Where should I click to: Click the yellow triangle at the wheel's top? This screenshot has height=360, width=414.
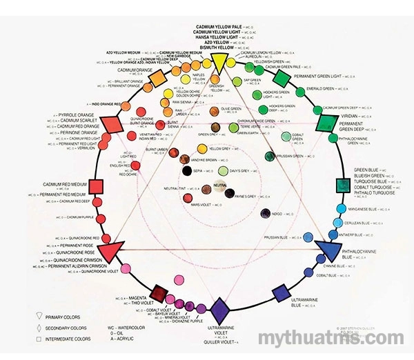tap(217, 63)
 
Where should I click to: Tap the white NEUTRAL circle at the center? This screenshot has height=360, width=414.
tap(220, 186)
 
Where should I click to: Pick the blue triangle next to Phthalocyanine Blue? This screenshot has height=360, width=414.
tap(328, 248)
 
